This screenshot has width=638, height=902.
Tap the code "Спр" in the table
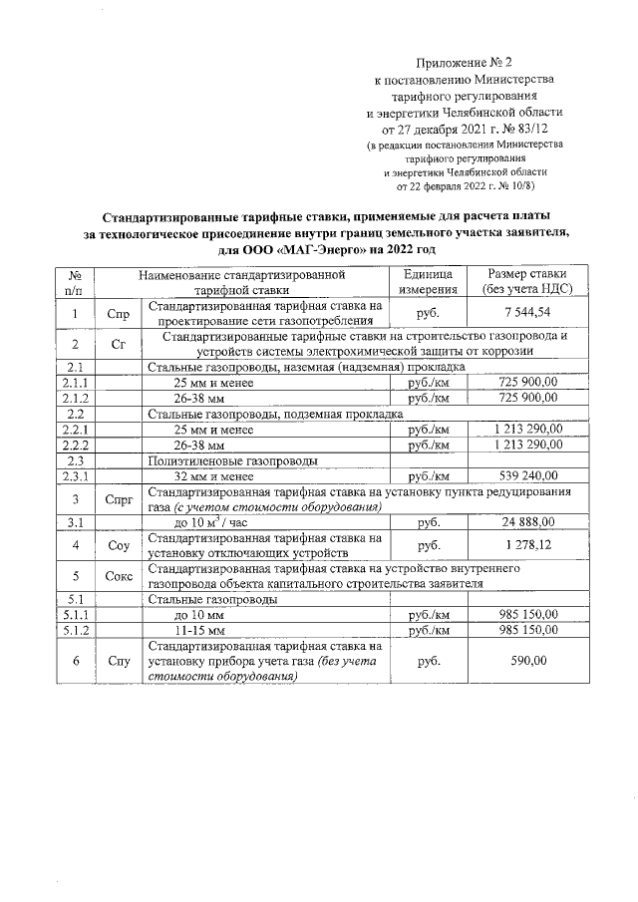(x=118, y=314)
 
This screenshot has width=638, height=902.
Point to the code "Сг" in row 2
(x=118, y=344)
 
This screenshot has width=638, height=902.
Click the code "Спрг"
(x=118, y=499)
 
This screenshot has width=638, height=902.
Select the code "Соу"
(x=118, y=546)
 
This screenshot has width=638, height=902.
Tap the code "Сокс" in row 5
(x=118, y=575)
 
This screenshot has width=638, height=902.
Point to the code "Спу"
(x=118, y=661)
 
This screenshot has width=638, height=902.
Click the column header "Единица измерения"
(x=428, y=281)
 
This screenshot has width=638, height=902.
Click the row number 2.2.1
(x=74, y=429)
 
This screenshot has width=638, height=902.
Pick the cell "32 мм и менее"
(x=213, y=475)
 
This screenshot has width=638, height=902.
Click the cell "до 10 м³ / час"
(x=210, y=522)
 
